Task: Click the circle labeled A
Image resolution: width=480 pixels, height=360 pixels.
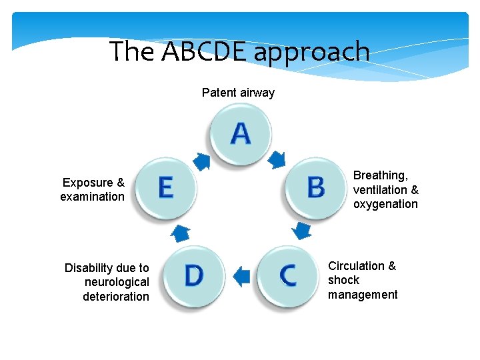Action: pyautogui.click(x=240, y=133)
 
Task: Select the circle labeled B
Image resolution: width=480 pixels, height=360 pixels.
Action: pyautogui.click(x=316, y=187)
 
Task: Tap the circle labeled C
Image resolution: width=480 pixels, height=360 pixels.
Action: pyautogui.click(x=287, y=275)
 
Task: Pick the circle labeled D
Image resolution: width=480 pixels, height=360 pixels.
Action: pyautogui.click(x=193, y=275)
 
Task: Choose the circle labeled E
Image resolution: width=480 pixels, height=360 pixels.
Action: pyautogui.click(x=165, y=187)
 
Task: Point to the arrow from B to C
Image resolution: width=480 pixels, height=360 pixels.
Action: pyautogui.click(x=302, y=231)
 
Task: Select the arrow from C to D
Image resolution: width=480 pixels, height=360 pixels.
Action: pyautogui.click(x=241, y=275)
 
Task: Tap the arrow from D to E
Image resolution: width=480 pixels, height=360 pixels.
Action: pyautogui.click(x=180, y=232)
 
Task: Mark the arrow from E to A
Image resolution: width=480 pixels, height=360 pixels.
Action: pyautogui.click(x=202, y=160)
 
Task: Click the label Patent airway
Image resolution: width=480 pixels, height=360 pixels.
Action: pyautogui.click(x=238, y=93)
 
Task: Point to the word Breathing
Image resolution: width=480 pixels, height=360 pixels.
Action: pyautogui.click(x=380, y=175)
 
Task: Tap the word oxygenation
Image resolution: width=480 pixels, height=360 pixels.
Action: pyautogui.click(x=385, y=204)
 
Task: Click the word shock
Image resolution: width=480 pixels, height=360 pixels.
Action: pyautogui.click(x=343, y=280)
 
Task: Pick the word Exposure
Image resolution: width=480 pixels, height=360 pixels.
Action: pyautogui.click(x=88, y=183)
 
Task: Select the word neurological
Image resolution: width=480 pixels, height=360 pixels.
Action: pyautogui.click(x=117, y=282)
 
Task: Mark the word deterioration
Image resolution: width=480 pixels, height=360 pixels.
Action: pyautogui.click(x=116, y=297)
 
